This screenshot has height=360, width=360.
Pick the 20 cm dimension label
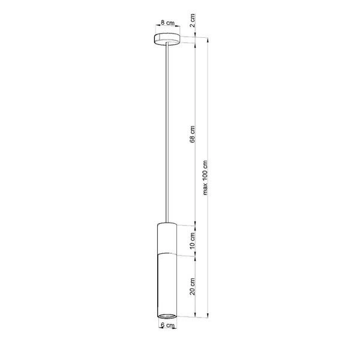191,286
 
